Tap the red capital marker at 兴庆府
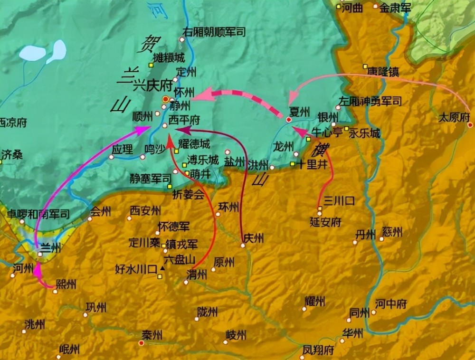[165, 99]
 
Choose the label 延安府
[325, 222]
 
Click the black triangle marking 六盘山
[162, 269]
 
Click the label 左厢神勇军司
[370, 101]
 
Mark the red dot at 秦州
[141, 342]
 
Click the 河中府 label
[391, 304]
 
